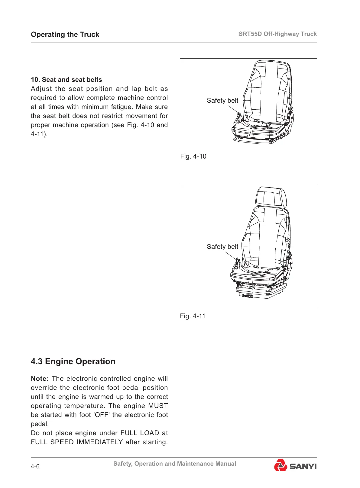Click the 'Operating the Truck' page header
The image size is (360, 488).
pos(65,34)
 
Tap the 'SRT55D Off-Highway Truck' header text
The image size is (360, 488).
pos(277,34)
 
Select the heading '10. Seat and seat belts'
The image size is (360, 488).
pos(66,80)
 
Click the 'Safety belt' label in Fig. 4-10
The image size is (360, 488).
pos(222,101)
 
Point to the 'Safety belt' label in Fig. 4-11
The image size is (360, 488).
pos(222,247)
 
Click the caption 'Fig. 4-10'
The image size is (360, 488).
pos(193,156)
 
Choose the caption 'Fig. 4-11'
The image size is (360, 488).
pos(193,316)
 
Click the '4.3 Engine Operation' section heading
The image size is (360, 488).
pos(73,361)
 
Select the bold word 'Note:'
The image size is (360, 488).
pos(40,379)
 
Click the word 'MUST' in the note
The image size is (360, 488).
pos(158,406)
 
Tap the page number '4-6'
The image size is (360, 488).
pos(35,467)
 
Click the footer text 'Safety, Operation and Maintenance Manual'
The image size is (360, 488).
pos(175,464)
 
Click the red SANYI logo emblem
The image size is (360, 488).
pos(280,465)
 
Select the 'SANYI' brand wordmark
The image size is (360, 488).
pos(303,467)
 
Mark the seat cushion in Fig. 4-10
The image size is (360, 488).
pos(258,128)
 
